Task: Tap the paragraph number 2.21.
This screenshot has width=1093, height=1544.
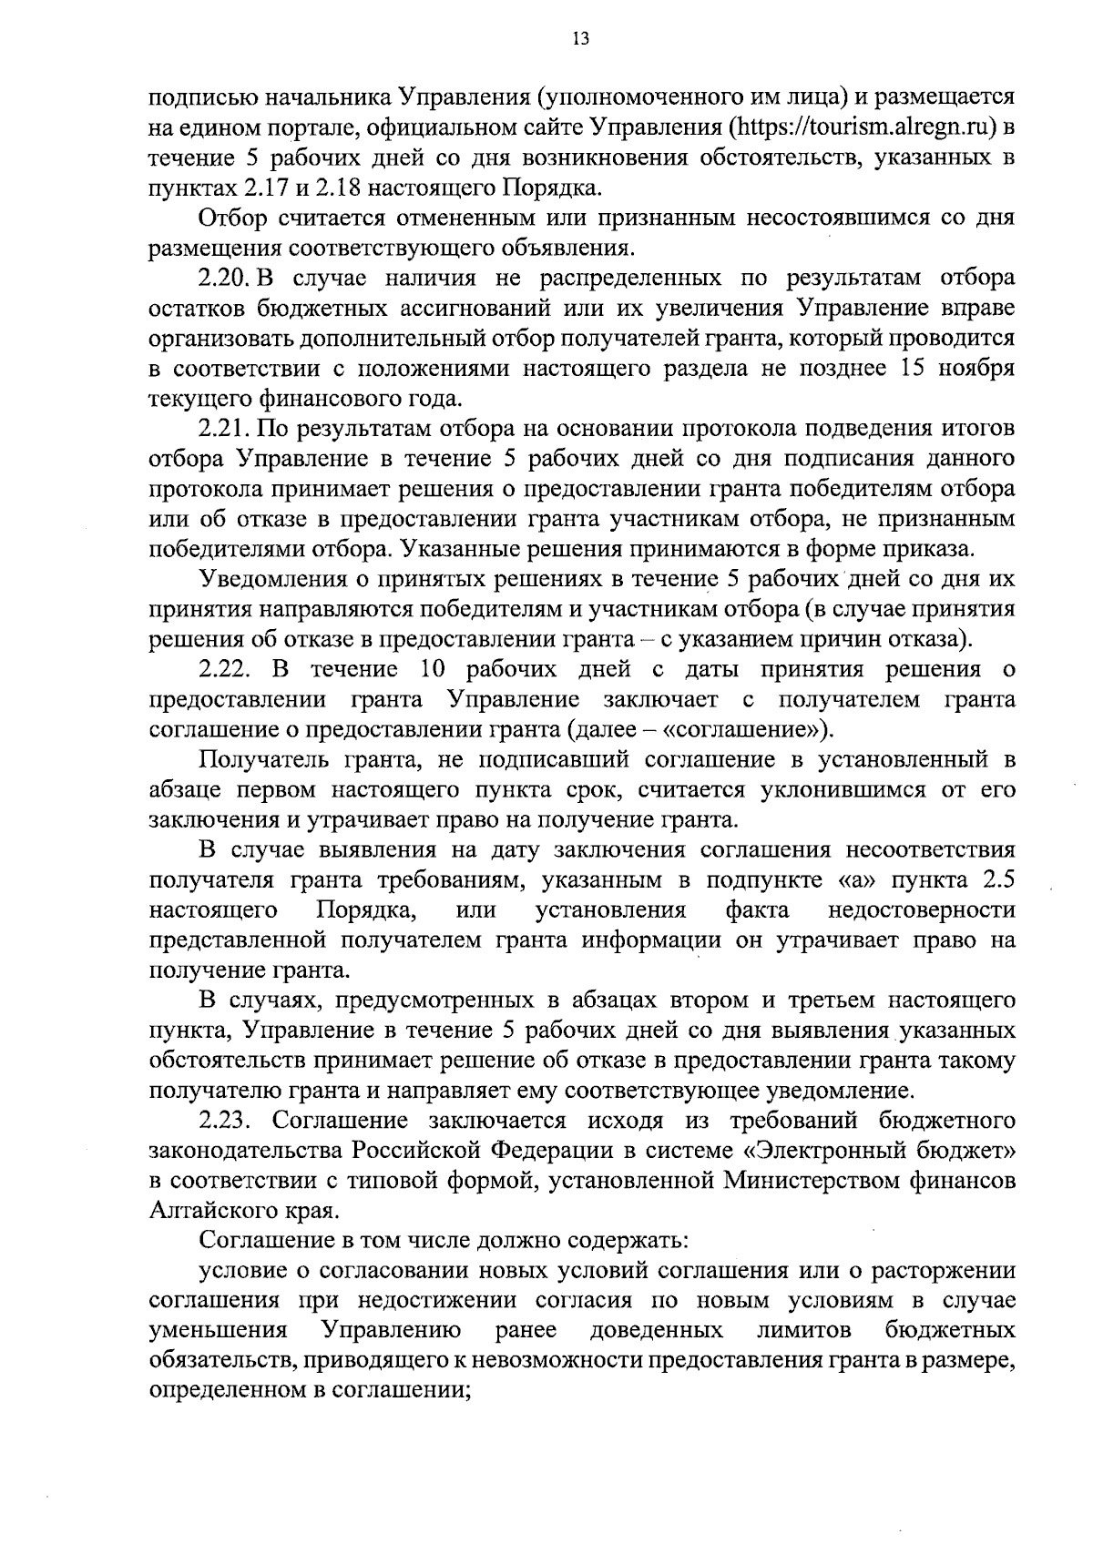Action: tap(224, 428)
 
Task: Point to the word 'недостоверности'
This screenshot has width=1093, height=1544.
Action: tap(921, 910)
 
